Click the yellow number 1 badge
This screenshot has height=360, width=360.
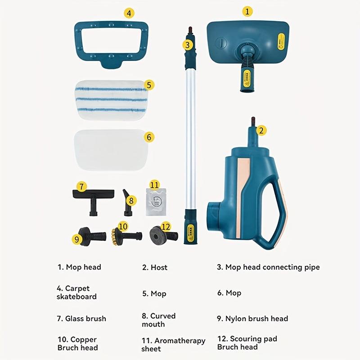coord(247,11)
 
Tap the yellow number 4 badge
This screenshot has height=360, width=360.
coord(129,13)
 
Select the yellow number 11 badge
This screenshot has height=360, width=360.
coord(154,185)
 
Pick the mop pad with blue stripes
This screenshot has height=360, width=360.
coord(110,99)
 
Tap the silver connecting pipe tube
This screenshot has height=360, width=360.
coord(190,135)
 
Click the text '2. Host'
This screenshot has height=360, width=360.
coord(155,267)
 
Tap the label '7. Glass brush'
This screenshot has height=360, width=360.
coord(81,319)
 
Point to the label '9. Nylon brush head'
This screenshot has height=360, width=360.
coord(252,319)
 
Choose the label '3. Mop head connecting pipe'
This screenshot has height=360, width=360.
coord(268,267)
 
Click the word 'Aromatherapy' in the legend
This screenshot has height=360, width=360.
coord(180,341)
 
